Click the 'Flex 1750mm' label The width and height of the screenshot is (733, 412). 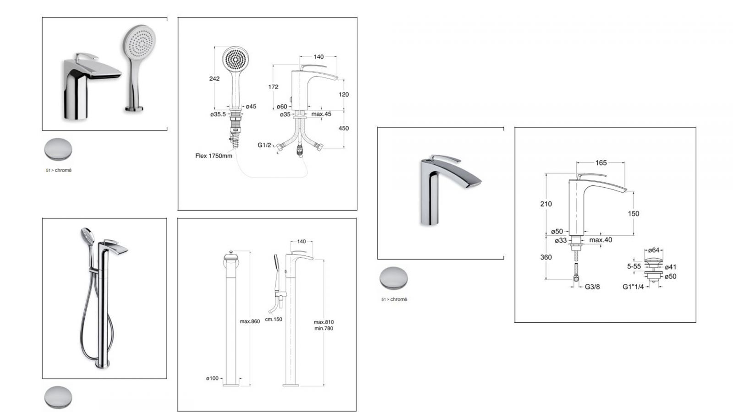(213, 156)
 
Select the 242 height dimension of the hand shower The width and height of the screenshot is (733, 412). (214, 79)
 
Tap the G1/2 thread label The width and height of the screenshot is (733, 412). (264, 145)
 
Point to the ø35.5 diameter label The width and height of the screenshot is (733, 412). (218, 114)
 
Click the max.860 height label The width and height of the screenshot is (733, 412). (250, 321)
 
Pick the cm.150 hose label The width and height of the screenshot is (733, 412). (274, 319)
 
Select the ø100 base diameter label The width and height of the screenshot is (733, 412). (212, 378)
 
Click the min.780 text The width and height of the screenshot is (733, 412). (323, 328)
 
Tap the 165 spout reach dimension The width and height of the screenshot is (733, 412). (601, 163)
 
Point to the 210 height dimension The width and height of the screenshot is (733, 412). (546, 204)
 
